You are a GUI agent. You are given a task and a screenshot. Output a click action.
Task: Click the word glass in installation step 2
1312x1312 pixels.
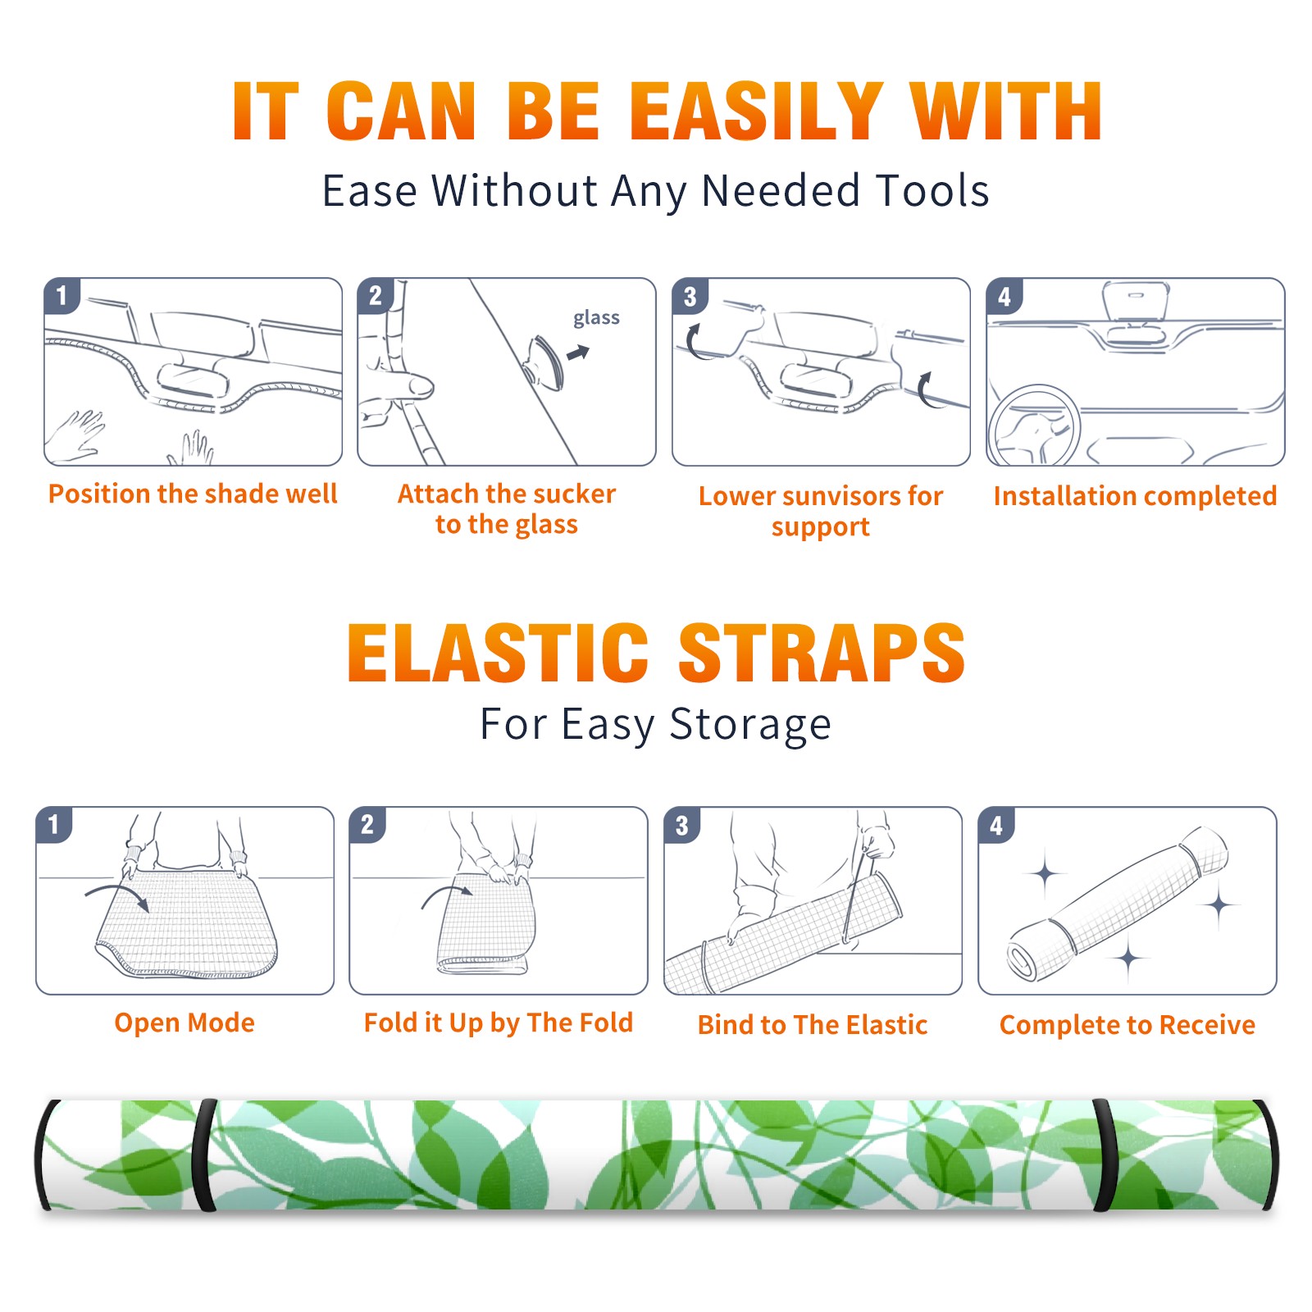596,318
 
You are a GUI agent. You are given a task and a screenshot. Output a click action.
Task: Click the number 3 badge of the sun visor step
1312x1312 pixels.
690,297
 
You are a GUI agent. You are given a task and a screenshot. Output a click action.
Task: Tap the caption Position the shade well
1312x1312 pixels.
193,494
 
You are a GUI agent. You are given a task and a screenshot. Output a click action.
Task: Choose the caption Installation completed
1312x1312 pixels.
1135,496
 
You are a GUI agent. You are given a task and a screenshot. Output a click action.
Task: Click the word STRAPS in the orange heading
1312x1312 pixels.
822,653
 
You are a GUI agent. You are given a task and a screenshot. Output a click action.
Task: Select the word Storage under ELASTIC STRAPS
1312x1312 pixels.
750,725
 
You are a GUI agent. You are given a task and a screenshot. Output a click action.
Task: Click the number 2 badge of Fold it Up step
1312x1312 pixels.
367,825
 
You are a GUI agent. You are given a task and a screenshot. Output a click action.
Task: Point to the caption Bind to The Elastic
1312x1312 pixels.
812,1025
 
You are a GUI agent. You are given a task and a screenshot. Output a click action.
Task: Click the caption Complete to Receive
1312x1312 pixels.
1127,1025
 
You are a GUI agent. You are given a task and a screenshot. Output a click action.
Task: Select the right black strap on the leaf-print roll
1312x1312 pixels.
1104,1155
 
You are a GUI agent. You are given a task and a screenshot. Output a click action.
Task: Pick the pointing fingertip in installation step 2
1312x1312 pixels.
421,385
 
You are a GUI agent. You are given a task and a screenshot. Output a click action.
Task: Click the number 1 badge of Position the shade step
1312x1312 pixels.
61,296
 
